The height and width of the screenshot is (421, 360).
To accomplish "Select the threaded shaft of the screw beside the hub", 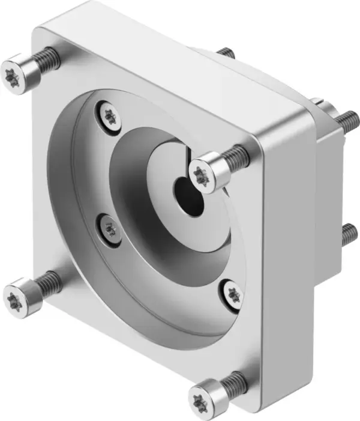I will tap(237, 156).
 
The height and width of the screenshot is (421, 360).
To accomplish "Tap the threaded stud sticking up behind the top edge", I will tap(225, 53).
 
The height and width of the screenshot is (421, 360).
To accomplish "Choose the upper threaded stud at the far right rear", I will tap(347, 120).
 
